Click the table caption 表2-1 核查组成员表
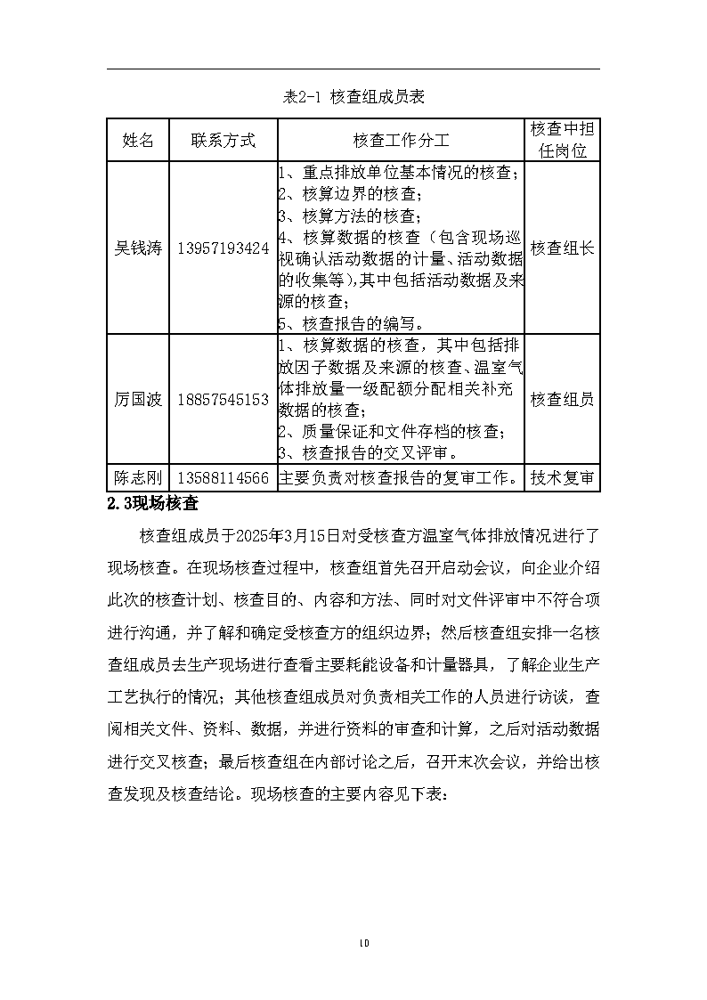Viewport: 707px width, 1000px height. (x=353, y=97)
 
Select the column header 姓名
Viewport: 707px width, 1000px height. (x=138, y=140)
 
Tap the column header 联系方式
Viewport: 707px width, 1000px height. (x=223, y=140)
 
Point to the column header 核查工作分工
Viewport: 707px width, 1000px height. (x=401, y=140)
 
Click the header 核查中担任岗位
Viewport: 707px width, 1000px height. (x=562, y=140)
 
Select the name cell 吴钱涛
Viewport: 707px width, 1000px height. (x=138, y=248)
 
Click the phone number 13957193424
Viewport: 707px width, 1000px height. (x=223, y=248)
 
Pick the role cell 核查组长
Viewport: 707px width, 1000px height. (x=562, y=248)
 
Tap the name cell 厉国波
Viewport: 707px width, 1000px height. (x=138, y=400)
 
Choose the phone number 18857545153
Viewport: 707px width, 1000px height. (x=223, y=400)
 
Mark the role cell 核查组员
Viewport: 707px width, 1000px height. (x=562, y=400)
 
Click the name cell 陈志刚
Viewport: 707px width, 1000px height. (x=138, y=478)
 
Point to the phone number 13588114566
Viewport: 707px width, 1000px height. (x=223, y=478)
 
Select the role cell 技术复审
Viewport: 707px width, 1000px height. (x=562, y=478)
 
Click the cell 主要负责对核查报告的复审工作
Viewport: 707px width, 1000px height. (x=401, y=478)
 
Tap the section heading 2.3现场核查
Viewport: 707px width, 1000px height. (x=151, y=503)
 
